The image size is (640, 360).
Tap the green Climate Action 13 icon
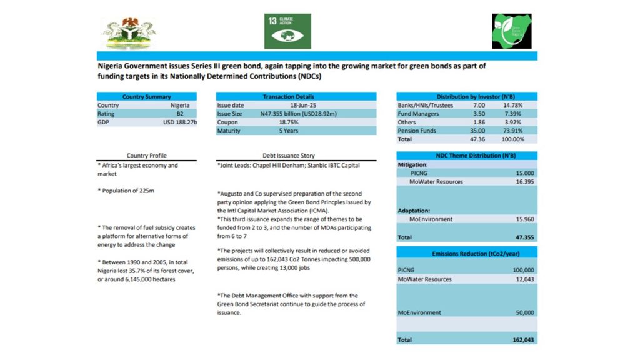[x=287, y=31]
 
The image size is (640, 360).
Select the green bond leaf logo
[x=511, y=31]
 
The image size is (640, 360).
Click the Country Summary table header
[x=147, y=97]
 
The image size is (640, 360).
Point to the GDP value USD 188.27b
[x=180, y=122]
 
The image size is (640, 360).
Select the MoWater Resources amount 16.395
[x=522, y=181]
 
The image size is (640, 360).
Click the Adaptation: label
[x=414, y=211]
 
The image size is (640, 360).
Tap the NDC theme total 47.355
[x=522, y=237]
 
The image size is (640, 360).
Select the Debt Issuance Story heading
[x=288, y=156]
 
